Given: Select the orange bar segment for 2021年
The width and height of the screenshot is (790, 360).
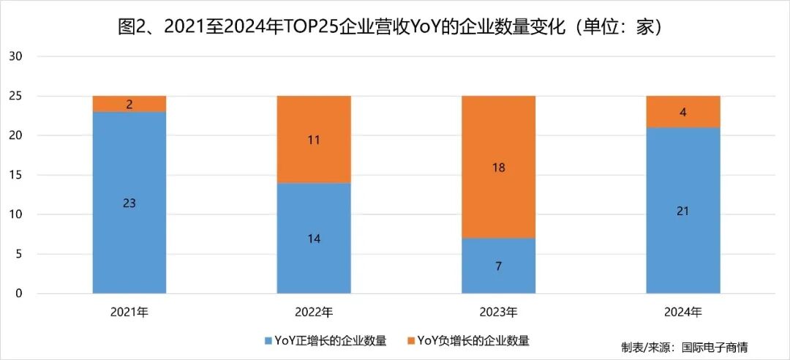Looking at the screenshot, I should click(x=129, y=104).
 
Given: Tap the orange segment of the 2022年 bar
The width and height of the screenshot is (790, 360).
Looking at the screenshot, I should click(x=314, y=139).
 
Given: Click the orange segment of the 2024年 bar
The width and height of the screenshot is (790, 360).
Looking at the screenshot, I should click(x=683, y=111).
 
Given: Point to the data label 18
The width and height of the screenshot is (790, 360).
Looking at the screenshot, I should click(x=499, y=168).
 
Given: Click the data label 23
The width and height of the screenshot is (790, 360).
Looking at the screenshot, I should click(x=129, y=203).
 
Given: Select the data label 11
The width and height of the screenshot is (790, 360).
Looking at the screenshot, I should click(x=314, y=140).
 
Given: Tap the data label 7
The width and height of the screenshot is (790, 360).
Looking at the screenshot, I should click(x=499, y=266).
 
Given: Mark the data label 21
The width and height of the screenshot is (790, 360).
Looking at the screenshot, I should click(x=683, y=211).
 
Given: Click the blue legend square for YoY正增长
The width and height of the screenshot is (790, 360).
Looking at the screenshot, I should click(x=268, y=341).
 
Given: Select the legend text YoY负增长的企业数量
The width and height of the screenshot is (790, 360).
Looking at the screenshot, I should click(x=473, y=341).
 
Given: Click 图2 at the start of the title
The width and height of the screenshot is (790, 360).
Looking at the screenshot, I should click(x=134, y=27).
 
